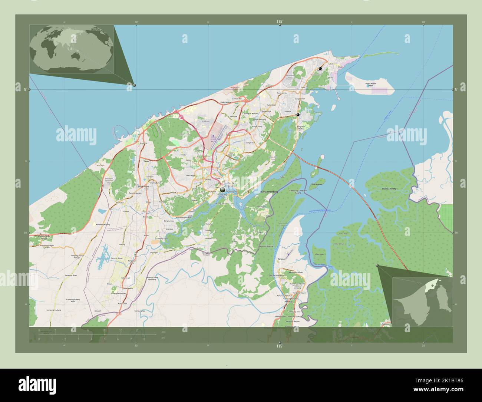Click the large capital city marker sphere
click(x=222, y=190)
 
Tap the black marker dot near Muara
click(x=320, y=69)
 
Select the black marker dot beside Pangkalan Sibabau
click(x=297, y=115)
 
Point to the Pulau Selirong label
click(x=389, y=189)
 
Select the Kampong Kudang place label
click(x=53, y=310)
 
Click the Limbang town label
click(x=288, y=302)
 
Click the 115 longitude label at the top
click(x=280, y=22)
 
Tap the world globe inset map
click(x=72, y=49)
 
